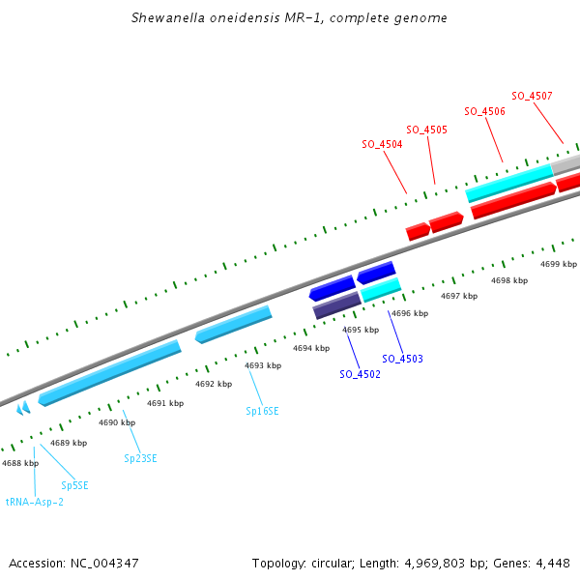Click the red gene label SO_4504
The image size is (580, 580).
pos(382,144)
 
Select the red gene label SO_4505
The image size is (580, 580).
pos(426,130)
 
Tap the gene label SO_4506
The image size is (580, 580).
pos(484,111)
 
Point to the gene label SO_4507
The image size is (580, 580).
pos(532,96)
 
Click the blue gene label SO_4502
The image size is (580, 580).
pos(360,374)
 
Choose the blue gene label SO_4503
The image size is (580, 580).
pos(402,359)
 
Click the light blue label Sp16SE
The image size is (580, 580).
pos(262,411)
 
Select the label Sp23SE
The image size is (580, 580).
pos(140,458)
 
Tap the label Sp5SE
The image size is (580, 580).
pos(74,485)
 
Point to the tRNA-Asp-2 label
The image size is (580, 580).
pos(35,502)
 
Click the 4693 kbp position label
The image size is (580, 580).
pos(263,365)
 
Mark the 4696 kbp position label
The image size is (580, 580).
pos(409,313)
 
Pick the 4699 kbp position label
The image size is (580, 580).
pos(558,264)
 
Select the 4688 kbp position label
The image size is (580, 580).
pos(20,463)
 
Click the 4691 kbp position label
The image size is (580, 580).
pos(165,403)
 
